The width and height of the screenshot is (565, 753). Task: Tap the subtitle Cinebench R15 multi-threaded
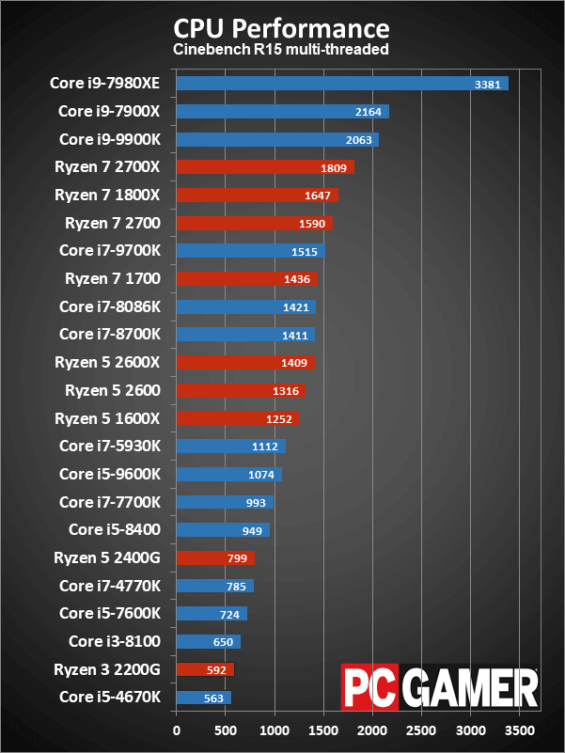pos(281,49)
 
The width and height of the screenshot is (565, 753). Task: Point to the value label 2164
pos(369,112)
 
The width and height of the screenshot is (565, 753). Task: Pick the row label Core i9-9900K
pos(110,139)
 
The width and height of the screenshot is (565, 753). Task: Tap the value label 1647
pos(318,196)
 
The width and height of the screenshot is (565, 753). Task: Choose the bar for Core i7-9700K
pos(250,251)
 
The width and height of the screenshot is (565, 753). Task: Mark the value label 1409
pos(295,363)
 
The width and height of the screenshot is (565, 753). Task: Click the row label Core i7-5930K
pos(110,447)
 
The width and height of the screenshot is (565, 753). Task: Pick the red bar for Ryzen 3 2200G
pos(205,669)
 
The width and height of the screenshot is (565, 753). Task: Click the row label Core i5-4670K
pos(110,698)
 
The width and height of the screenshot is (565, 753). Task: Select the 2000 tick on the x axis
pos(373,729)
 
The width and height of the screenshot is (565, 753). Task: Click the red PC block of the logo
pos(370,688)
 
